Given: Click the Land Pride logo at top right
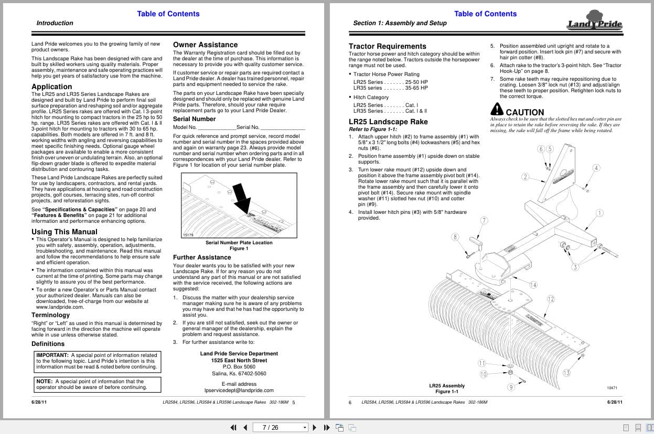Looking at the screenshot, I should click(x=594, y=21).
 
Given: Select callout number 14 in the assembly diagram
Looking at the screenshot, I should click(x=533, y=285).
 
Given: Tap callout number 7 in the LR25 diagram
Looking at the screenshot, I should click(x=484, y=221).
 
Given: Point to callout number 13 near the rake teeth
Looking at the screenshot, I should click(x=566, y=373).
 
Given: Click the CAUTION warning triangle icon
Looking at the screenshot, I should click(x=497, y=110).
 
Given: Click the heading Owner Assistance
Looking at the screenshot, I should click(x=205, y=45).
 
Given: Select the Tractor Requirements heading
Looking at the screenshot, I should click(x=388, y=46).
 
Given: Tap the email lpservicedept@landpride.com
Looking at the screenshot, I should click(x=239, y=390).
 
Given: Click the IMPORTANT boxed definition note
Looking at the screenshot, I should click(x=97, y=361).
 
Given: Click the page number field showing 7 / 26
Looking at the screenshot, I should click(x=278, y=427).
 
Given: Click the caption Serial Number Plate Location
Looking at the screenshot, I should click(x=239, y=243).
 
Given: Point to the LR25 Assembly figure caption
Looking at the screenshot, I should click(x=447, y=386).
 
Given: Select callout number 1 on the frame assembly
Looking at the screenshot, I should click(x=599, y=213).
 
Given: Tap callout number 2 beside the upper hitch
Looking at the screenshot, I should click(x=525, y=177).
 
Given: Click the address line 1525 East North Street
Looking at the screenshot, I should click(x=239, y=361).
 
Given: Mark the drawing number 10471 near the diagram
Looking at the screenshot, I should click(x=612, y=388).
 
